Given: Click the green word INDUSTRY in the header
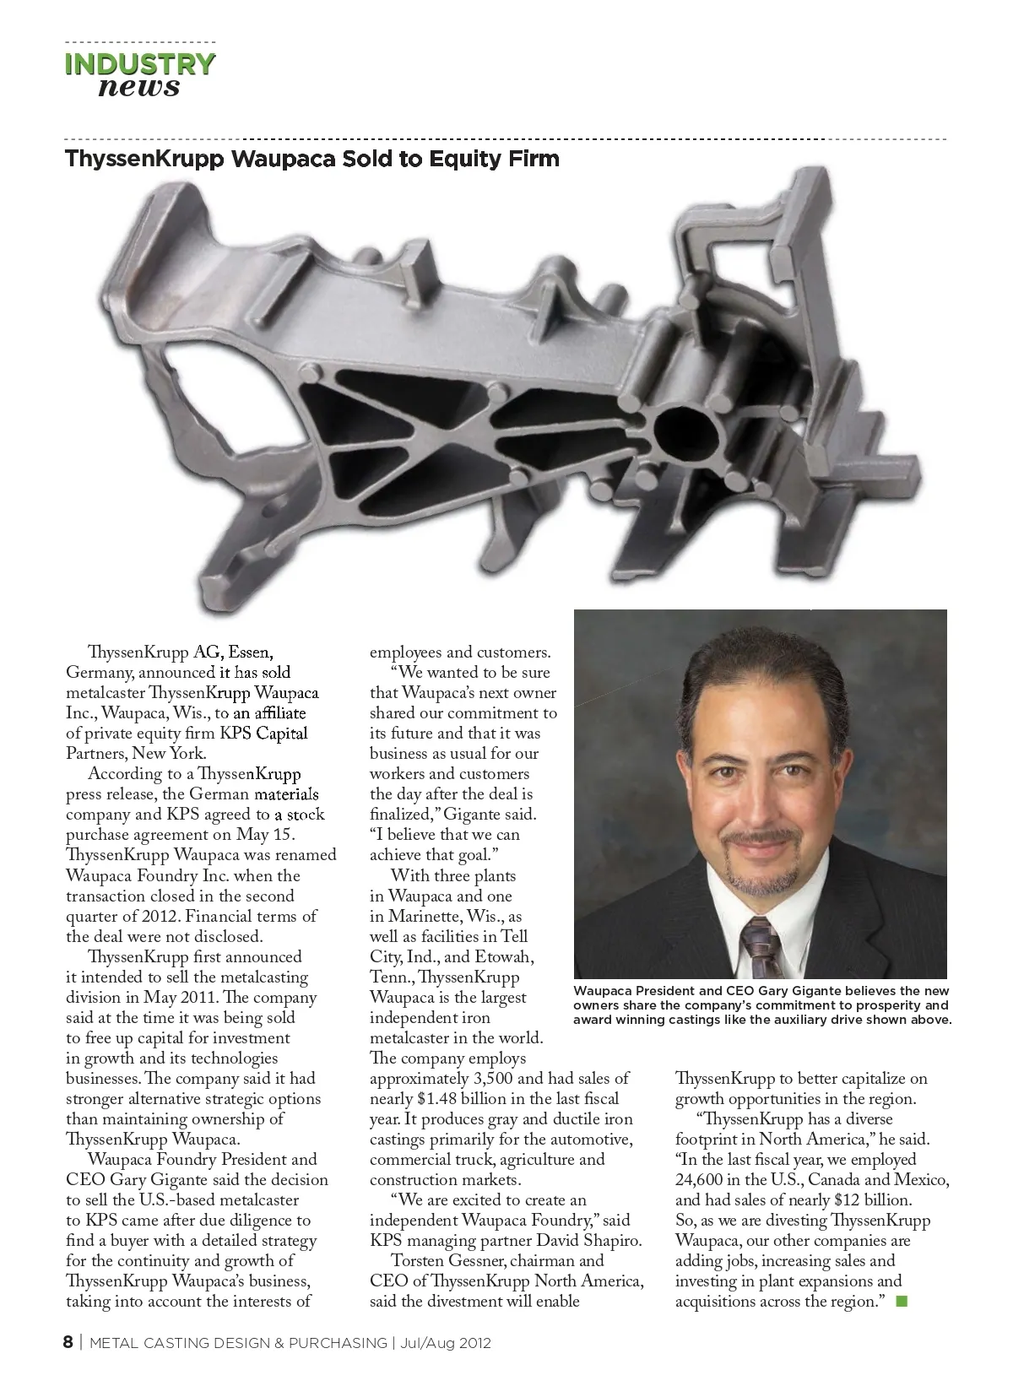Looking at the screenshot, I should [140, 64].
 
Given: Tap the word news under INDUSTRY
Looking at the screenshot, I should [139, 87].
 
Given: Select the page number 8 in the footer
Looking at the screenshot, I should [68, 1342].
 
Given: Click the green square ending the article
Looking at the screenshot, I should [901, 1301].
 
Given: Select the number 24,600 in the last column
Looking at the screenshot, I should [699, 1180].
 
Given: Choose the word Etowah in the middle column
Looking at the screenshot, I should [503, 957].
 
